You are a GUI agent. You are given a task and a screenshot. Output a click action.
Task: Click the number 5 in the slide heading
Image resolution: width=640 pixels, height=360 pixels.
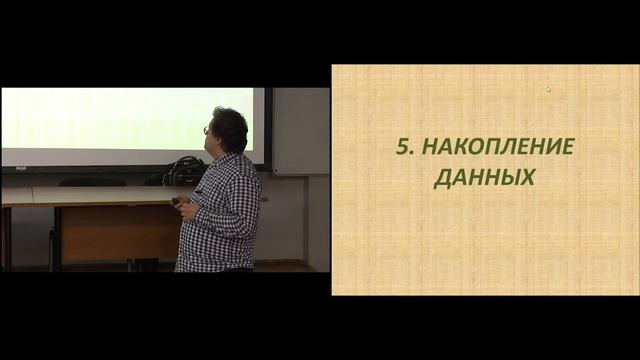pos(402,147)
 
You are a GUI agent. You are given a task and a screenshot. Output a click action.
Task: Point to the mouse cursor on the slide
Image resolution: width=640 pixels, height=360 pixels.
pos(548,89)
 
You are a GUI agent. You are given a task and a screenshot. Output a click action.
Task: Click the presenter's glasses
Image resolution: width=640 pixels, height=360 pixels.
pos(207,129)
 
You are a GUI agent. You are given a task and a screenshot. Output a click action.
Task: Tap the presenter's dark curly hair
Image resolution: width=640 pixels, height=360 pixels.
pos(229,127)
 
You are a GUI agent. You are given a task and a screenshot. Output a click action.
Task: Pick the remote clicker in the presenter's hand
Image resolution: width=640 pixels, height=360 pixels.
pos(176,201)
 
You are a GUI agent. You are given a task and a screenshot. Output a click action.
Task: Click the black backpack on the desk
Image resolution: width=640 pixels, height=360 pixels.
pos(184,171)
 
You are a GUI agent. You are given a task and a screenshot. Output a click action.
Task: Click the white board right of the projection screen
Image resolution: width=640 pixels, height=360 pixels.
pos(300,130)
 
